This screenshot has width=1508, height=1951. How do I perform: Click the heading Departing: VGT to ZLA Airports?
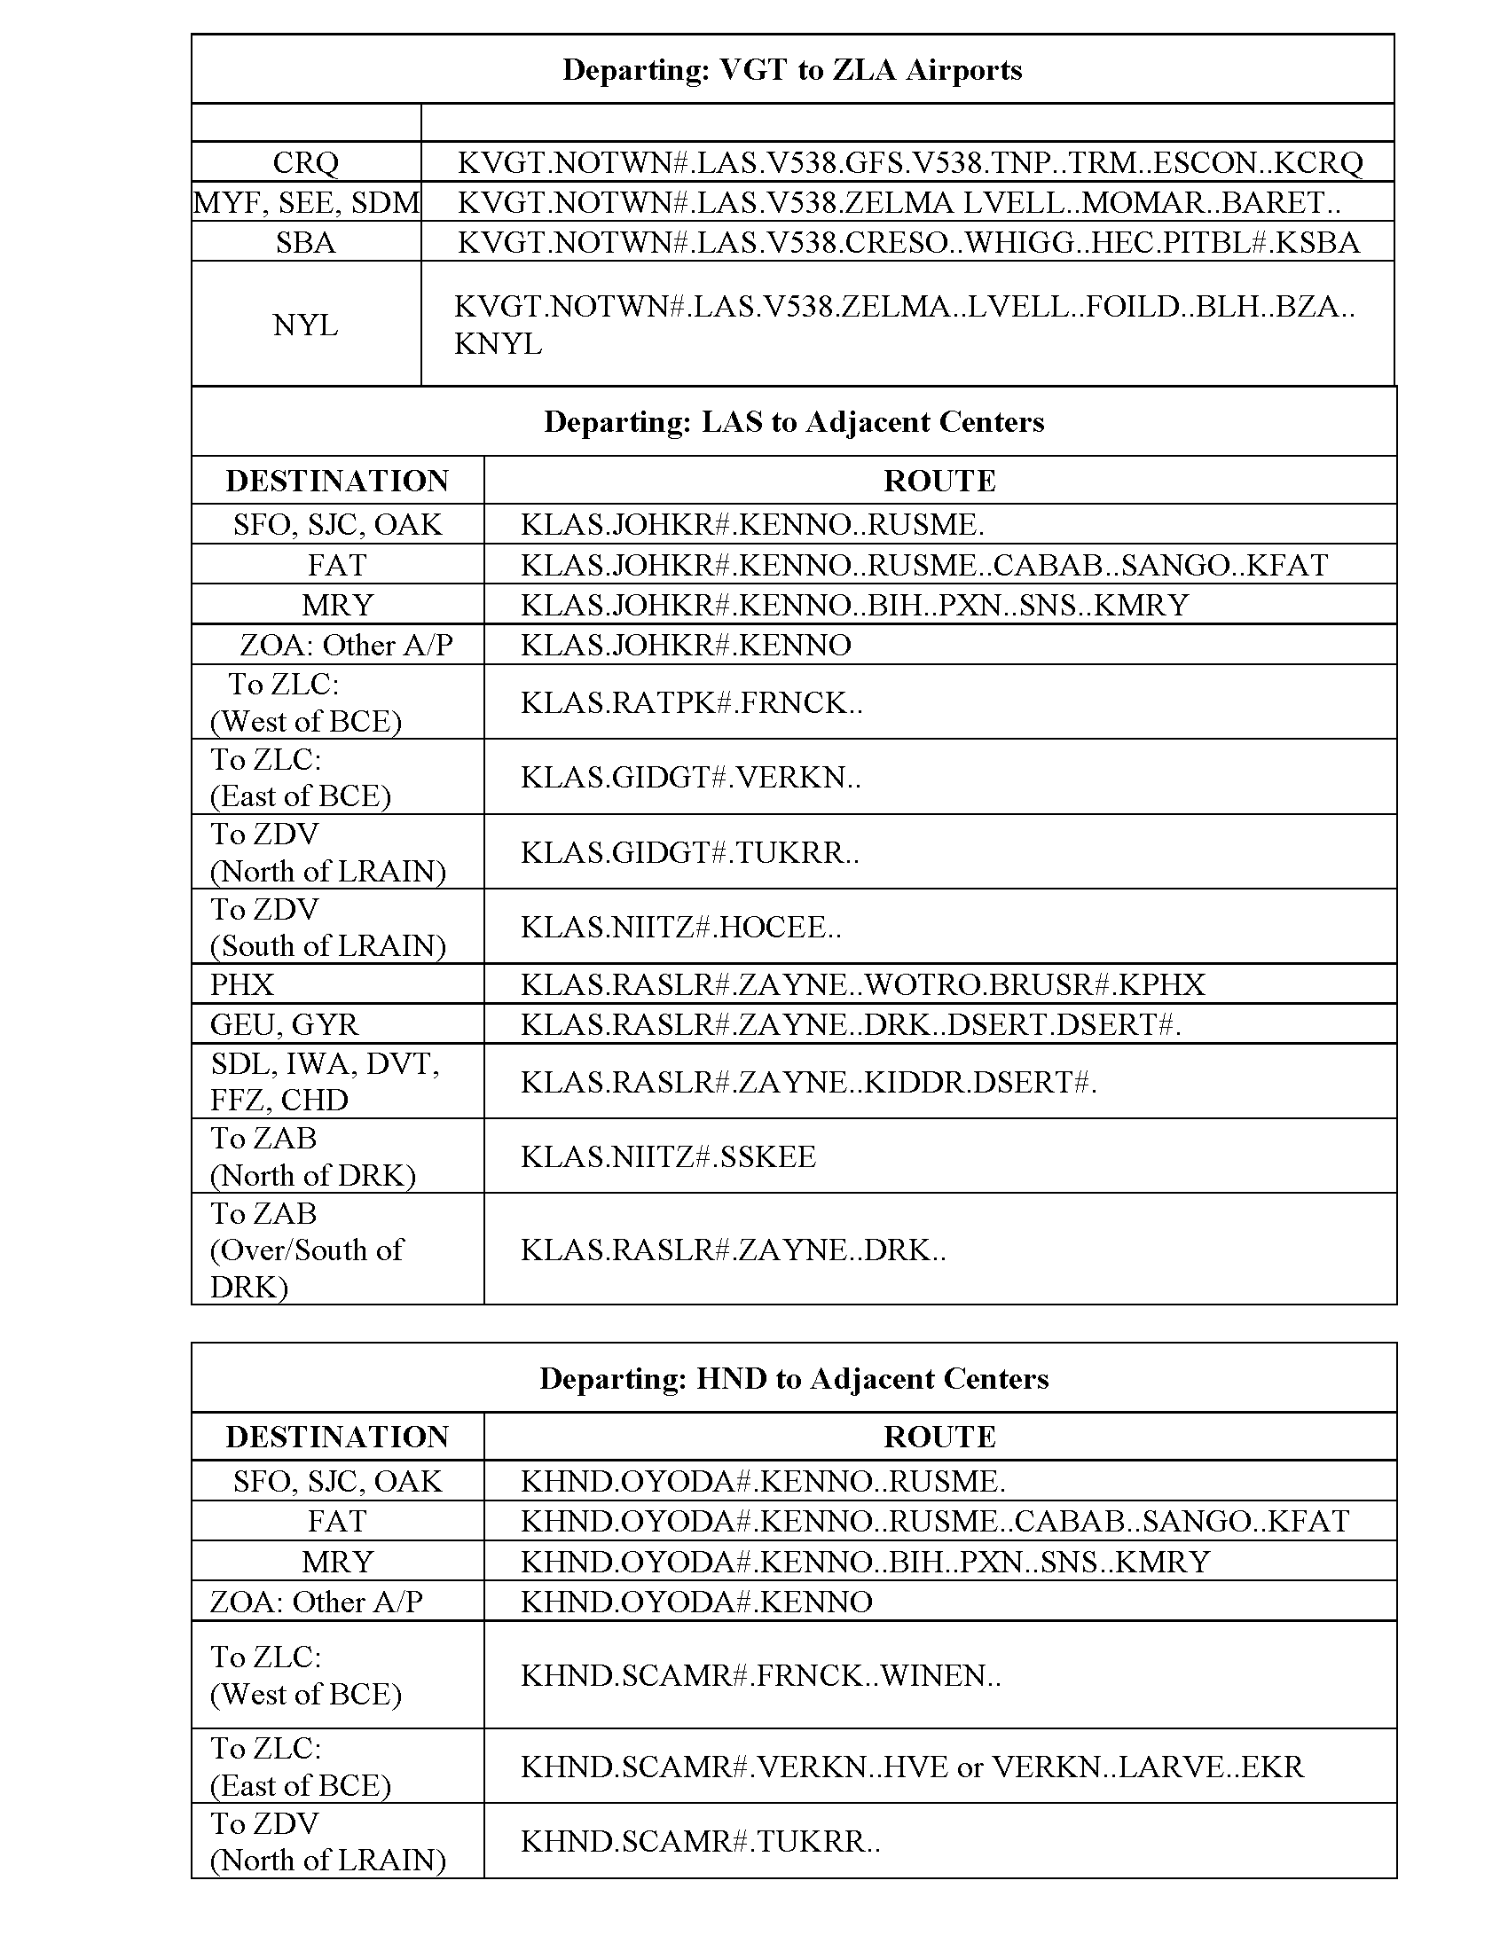tap(791, 70)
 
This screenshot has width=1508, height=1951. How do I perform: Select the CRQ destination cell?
tap(305, 162)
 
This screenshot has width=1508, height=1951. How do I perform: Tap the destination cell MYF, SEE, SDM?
tap(305, 203)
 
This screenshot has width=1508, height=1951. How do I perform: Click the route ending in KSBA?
tap(907, 242)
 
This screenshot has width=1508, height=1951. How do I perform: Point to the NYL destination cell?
tap(305, 325)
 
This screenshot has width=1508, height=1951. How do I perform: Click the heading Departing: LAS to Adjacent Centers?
tap(793, 421)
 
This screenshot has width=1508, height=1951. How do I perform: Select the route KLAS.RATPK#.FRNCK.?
tap(692, 703)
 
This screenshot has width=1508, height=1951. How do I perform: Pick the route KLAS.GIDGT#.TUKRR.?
tap(689, 853)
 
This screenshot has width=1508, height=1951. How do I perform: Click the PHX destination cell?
tap(242, 984)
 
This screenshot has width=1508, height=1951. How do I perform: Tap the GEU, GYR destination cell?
tap(284, 1023)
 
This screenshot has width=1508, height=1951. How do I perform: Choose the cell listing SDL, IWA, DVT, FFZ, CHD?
tap(325, 1081)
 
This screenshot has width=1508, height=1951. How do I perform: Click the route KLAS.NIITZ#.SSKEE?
tap(668, 1156)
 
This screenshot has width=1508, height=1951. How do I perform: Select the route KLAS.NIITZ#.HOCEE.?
tap(680, 928)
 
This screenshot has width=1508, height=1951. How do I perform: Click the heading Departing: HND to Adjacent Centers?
tap(793, 1378)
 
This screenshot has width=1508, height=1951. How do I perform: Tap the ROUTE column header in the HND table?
tap(939, 1437)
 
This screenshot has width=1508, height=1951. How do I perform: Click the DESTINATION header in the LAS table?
tap(337, 481)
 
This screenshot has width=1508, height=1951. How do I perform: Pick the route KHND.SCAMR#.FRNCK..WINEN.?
tap(760, 1675)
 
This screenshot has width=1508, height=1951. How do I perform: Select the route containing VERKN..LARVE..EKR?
tap(912, 1766)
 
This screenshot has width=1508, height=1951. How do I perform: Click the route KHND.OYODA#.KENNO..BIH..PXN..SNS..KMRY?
tap(865, 1561)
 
